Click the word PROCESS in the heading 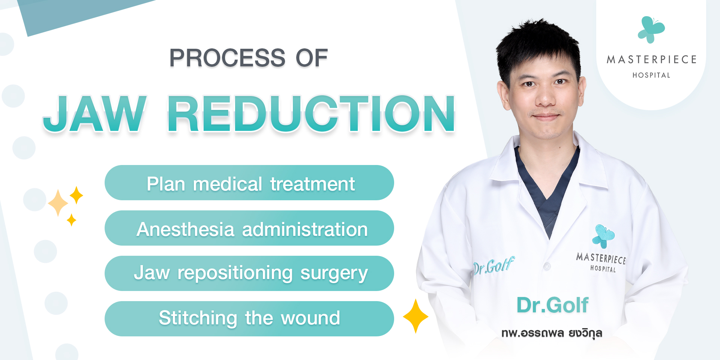[227, 58]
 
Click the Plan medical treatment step [249, 183]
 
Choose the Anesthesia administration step [249, 228]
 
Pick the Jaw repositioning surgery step [249, 273]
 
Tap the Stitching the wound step [249, 319]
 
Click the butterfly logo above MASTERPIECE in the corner [651, 30]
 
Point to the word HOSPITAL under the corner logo [651, 75]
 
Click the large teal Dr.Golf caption [552, 305]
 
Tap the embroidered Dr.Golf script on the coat [494, 265]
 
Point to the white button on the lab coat [547, 266]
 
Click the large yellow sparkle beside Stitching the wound [415, 316]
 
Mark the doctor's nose [545, 96]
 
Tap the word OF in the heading [312, 58]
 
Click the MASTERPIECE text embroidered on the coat [601, 258]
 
